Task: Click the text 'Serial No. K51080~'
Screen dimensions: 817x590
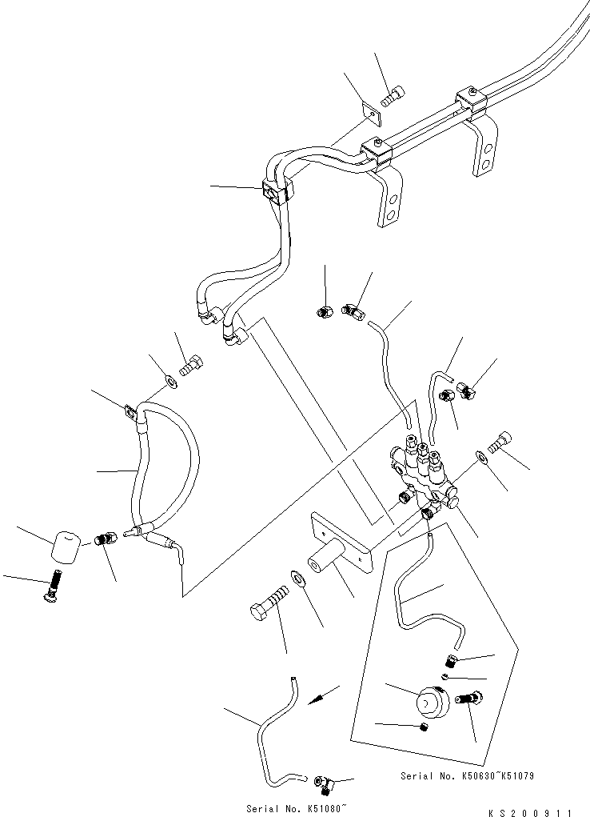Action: pos(286,809)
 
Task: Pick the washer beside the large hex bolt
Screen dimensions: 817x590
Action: pos(297,577)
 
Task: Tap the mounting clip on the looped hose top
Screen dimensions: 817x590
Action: pos(130,413)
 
